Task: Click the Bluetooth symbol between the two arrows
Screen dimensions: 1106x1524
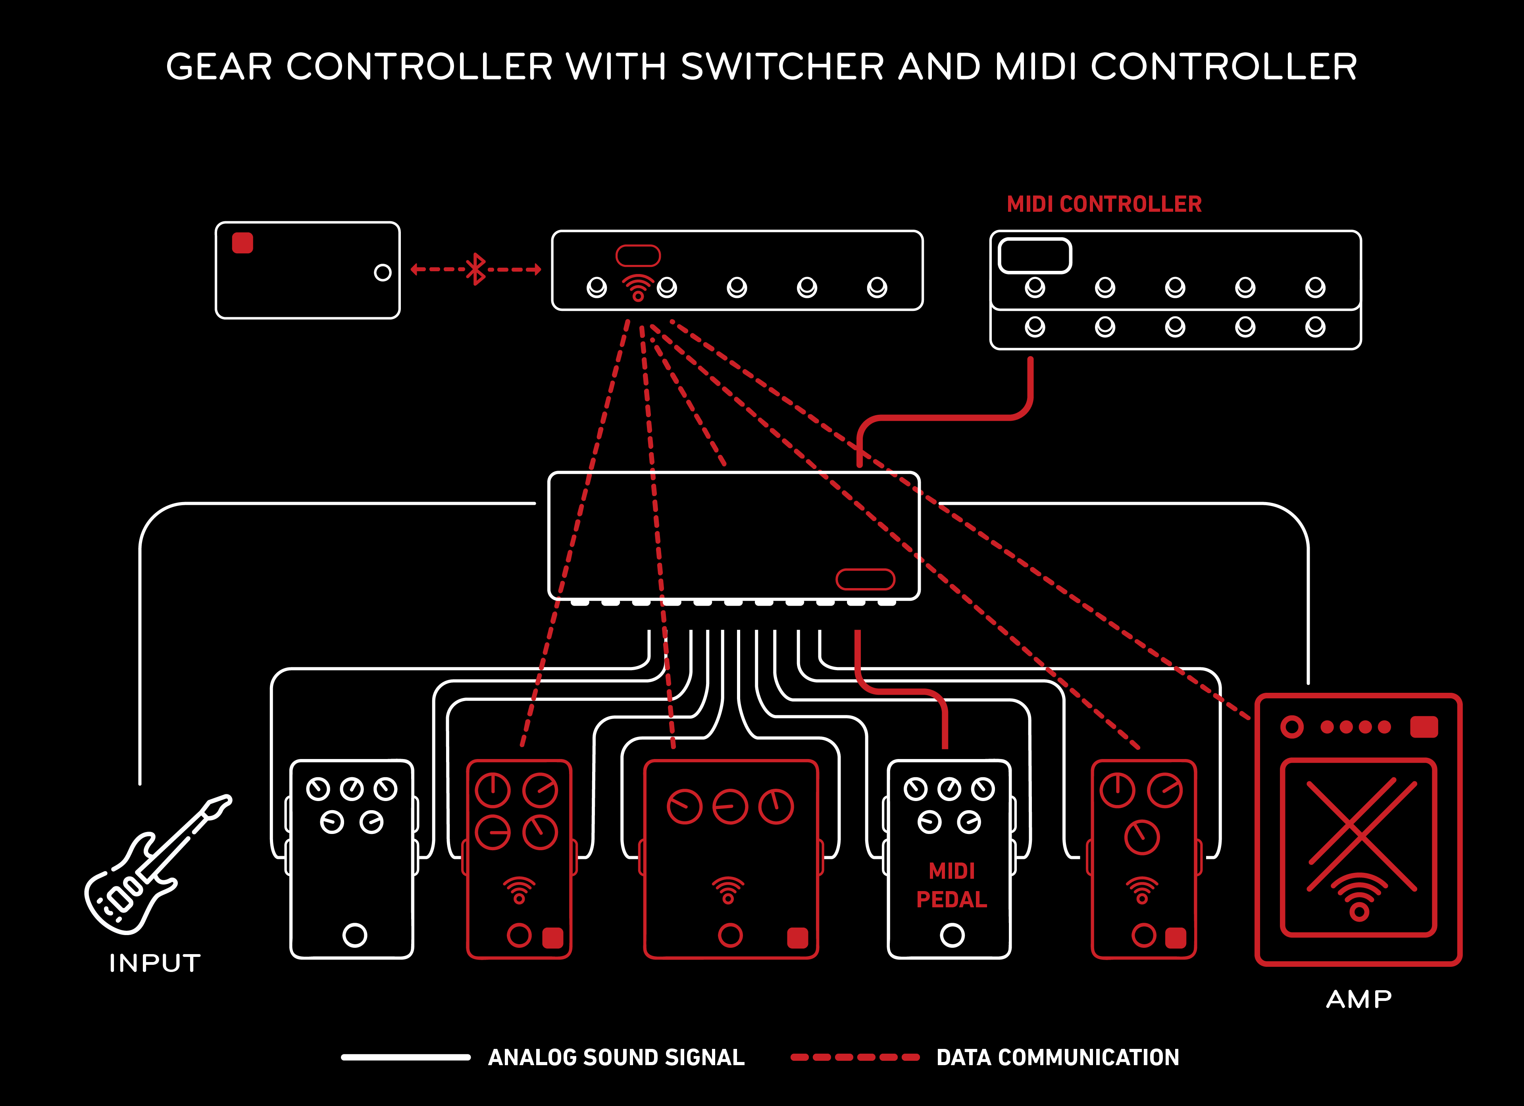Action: pos(476,269)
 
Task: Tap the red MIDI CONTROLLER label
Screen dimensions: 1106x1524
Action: pos(1104,204)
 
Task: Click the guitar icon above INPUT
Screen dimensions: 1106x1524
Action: pos(154,866)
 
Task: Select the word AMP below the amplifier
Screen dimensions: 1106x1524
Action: pos(1359,999)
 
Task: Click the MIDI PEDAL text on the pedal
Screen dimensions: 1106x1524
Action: pos(951,885)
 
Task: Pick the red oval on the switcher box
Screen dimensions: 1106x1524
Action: pos(865,579)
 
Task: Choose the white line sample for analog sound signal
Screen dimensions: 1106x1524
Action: pos(406,1057)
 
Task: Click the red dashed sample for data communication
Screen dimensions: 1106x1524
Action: pos(855,1057)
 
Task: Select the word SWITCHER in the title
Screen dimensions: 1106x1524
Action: pos(783,67)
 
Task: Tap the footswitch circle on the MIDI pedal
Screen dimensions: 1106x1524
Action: pos(951,935)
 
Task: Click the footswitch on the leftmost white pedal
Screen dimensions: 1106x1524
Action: pos(354,935)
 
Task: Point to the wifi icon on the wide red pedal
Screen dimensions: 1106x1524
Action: pos(728,890)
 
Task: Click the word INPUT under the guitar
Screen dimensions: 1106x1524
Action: pos(154,963)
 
